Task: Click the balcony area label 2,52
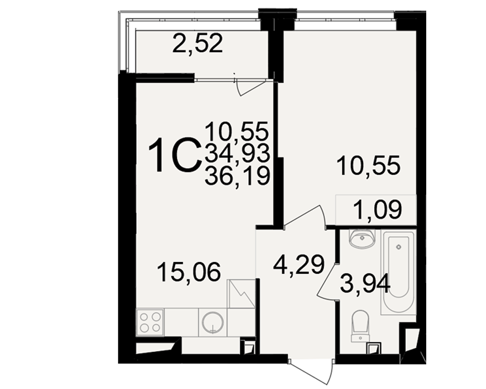click(197, 44)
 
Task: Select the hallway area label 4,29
click(299, 265)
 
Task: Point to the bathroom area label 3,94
click(365, 285)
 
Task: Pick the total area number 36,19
click(238, 176)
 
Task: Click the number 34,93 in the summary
click(238, 153)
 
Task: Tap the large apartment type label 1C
click(174, 155)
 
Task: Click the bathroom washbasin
click(362, 238)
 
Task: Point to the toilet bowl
click(360, 326)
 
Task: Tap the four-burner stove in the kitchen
click(150, 322)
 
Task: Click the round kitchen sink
click(213, 322)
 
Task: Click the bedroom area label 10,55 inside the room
click(369, 166)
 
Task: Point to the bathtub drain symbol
click(399, 247)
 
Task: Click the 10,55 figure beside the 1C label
click(237, 131)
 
